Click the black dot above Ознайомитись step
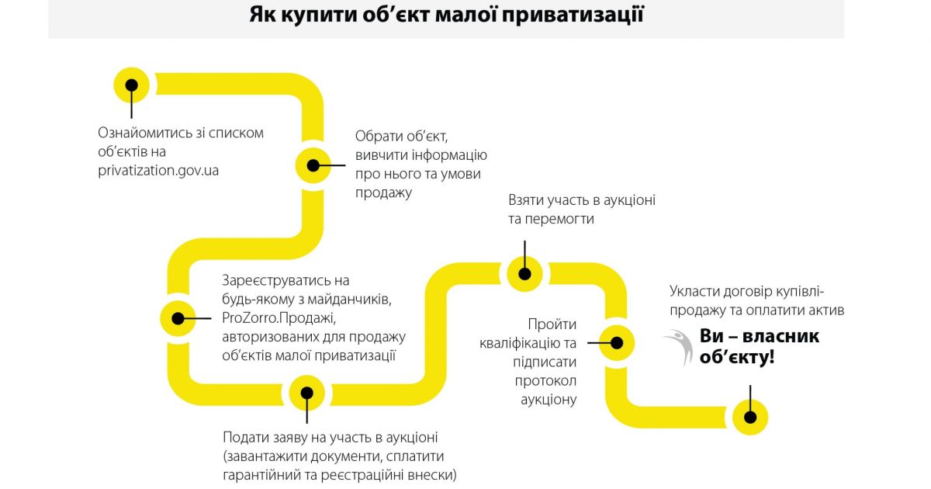(132, 85)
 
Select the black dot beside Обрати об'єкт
(313, 165)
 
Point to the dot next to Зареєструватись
(178, 317)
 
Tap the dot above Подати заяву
(307, 393)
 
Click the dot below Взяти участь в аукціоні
(524, 273)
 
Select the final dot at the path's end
(750, 417)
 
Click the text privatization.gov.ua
(158, 170)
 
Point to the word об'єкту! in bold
(736, 358)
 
